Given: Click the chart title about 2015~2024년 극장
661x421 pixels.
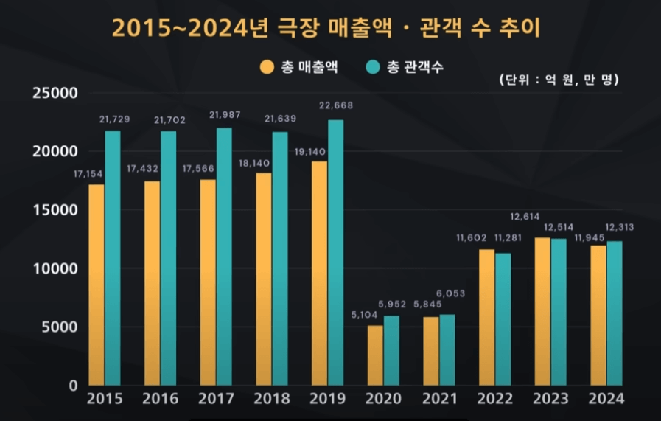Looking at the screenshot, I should [326, 28].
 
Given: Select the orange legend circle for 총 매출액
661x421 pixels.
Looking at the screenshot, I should [266, 68].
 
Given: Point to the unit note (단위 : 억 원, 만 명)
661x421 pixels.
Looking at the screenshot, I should [558, 79].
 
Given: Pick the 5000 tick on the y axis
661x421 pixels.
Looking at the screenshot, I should [58, 327].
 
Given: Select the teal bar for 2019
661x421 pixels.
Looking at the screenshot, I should [335, 252].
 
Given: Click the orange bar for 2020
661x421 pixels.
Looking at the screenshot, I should [375, 355].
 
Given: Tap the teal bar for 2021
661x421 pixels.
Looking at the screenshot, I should [447, 349].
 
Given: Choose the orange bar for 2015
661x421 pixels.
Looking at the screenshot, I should [97, 285].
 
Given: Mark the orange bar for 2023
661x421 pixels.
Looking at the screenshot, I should [542, 311].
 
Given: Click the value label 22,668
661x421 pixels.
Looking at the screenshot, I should [335, 105].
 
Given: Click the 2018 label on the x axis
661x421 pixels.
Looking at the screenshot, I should [271, 399].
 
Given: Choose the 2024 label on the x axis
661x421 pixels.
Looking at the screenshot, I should [606, 399].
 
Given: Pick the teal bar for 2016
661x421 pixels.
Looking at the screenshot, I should [169, 258].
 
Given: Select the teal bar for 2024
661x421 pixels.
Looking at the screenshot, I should [615, 313].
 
